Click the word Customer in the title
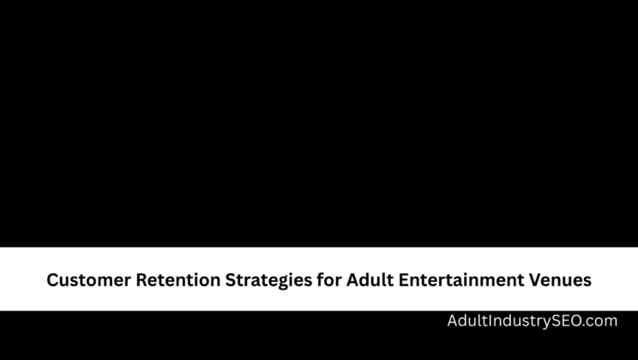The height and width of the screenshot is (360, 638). pyautogui.click(x=87, y=279)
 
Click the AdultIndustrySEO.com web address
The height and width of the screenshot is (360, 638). pyautogui.click(x=532, y=321)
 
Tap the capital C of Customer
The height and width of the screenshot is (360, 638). pyautogui.click(x=52, y=279)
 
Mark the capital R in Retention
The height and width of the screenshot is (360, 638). pyautogui.click(x=139, y=279)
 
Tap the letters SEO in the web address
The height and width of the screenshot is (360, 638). pyautogui.click(x=564, y=321)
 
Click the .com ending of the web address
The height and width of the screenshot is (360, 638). pyautogui.click(x=599, y=321)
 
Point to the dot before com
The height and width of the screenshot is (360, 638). pyautogui.click(x=584, y=326)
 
